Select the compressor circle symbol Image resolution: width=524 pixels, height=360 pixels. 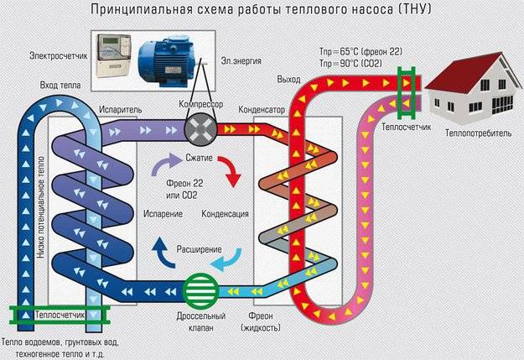(x=200, y=131)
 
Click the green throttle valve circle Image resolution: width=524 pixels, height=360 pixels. (x=200, y=290)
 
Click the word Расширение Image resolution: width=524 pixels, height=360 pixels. (x=199, y=250)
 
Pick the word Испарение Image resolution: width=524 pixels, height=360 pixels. (x=163, y=214)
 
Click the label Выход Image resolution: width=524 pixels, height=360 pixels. (x=288, y=80)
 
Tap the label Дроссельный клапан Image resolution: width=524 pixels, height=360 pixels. (x=201, y=322)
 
